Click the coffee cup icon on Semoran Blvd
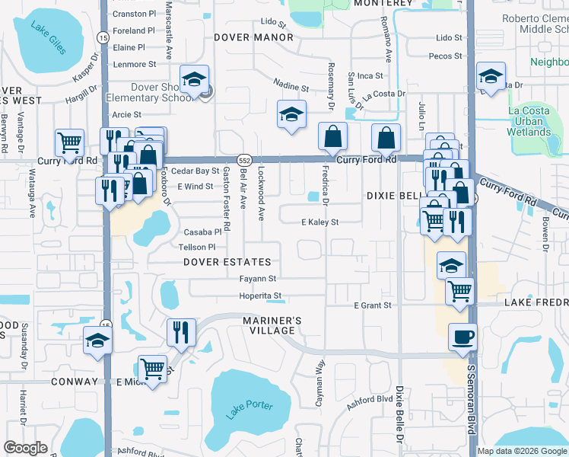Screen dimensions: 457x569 click(x=463, y=338)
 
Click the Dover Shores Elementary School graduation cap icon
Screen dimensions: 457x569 click(x=193, y=80)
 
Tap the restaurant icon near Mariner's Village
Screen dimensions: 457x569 click(x=181, y=331)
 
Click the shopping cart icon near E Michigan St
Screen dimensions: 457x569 click(x=153, y=370)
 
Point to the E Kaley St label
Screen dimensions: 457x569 click(x=319, y=222)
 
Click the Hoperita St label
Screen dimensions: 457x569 click(x=261, y=296)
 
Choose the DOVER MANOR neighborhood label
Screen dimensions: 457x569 click(x=253, y=37)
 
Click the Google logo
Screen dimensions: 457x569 click(x=25, y=448)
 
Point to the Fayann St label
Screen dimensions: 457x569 click(x=257, y=279)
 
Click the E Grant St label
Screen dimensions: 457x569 click(x=372, y=305)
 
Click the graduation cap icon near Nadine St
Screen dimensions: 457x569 click(x=291, y=114)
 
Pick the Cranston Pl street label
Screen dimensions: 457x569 click(x=133, y=14)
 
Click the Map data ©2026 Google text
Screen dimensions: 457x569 click(x=522, y=451)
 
